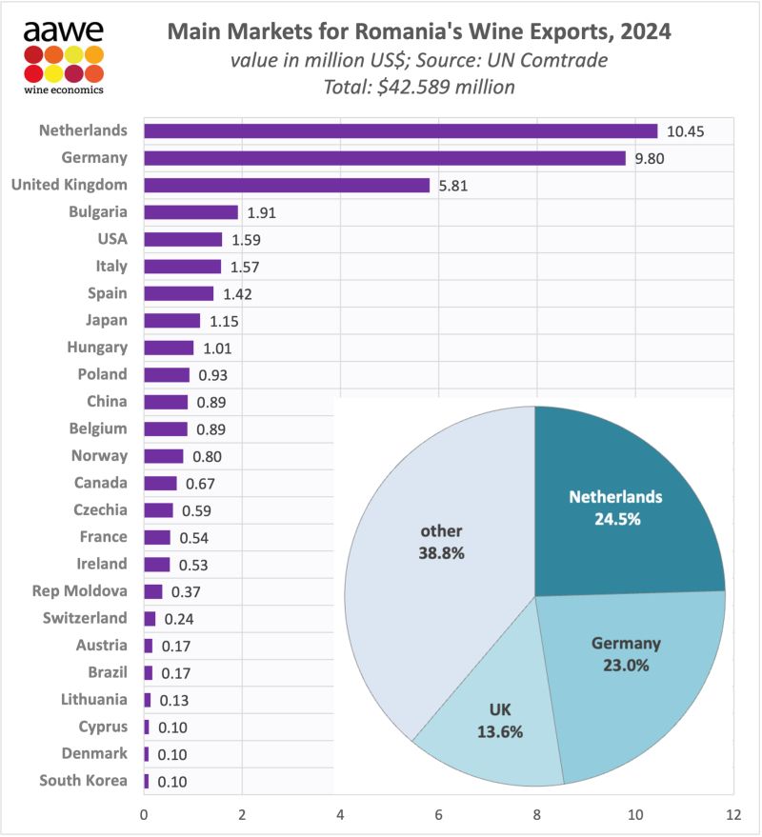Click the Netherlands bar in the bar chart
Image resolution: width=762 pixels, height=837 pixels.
pos(400,130)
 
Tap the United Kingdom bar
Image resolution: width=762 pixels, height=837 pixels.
pos(286,185)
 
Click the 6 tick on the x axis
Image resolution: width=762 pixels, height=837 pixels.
pos(439,815)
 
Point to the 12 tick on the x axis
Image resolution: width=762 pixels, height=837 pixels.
pos(732,815)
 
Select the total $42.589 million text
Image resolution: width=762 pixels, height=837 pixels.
pos(419,87)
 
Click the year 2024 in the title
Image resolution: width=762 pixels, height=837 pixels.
pos(643,32)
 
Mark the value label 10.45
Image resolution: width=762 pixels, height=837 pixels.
pos(686,130)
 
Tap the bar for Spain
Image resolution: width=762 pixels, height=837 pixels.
pos(178,293)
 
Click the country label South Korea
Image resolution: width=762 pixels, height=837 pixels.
pos(83,781)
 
